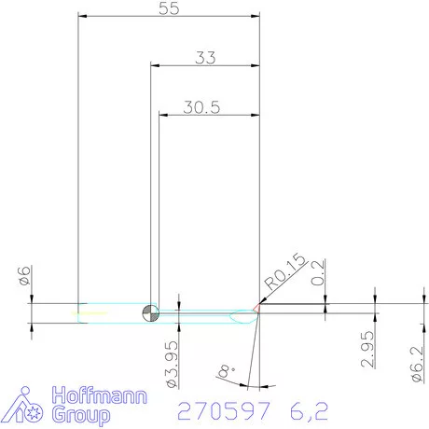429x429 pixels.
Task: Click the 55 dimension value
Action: coord(170,8)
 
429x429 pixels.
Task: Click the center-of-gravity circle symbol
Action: coord(150,311)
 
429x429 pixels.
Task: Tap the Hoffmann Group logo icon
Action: coord(27,403)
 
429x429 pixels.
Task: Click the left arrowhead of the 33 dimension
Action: coord(156,65)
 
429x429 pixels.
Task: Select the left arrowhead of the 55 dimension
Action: coord(83,16)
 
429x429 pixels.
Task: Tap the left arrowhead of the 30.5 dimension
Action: coord(165,115)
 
